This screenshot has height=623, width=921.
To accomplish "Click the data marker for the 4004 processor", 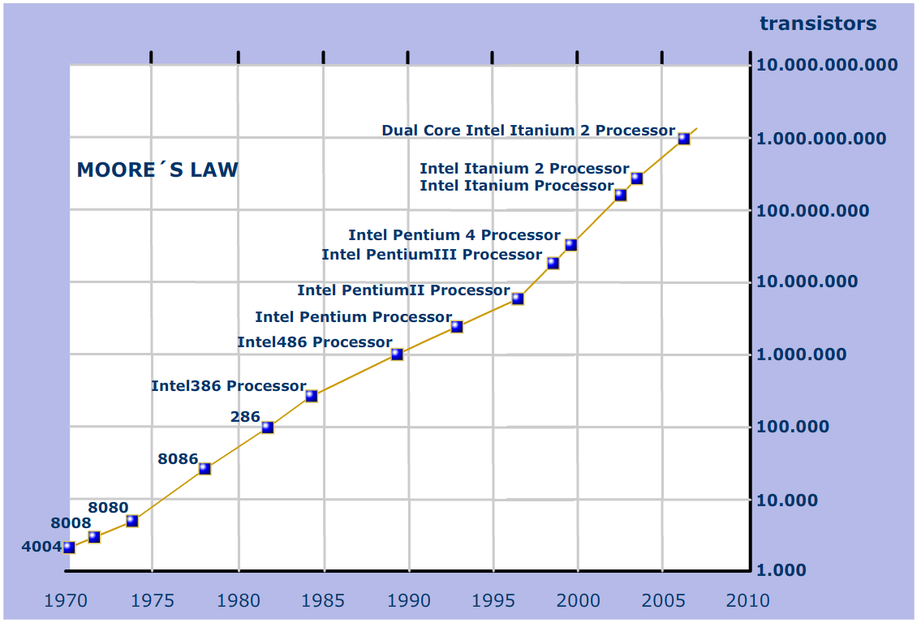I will click(x=69, y=548).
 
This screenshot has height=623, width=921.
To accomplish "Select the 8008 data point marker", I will click(x=94, y=536).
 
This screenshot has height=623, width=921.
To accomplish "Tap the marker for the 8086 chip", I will click(x=204, y=468).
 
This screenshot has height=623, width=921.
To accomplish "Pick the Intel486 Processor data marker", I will click(x=397, y=354).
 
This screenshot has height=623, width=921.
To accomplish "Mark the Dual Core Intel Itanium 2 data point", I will click(x=684, y=139).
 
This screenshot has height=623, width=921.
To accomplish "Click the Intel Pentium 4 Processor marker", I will click(x=570, y=244).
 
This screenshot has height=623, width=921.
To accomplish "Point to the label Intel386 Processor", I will click(x=228, y=386).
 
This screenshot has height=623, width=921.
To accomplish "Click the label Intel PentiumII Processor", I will click(x=403, y=290).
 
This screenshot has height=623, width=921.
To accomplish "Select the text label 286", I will click(x=245, y=417).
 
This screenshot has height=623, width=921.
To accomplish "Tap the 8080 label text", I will click(x=108, y=508).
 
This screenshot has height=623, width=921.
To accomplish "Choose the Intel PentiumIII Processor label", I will click(x=432, y=255).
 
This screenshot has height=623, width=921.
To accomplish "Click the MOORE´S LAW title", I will click(x=157, y=170).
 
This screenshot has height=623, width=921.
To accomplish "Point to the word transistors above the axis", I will click(x=818, y=24).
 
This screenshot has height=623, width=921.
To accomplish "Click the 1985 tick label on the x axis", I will click(x=324, y=601).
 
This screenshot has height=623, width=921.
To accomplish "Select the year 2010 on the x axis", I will click(x=748, y=601).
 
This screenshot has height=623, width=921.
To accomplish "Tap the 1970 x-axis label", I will click(x=67, y=601).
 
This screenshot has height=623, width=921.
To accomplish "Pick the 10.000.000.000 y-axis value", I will click(x=827, y=65).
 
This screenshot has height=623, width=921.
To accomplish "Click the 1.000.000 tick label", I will click(x=801, y=354).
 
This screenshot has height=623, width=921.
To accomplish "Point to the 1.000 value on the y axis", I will click(x=781, y=570).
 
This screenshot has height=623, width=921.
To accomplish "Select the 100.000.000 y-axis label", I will click(x=812, y=211).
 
